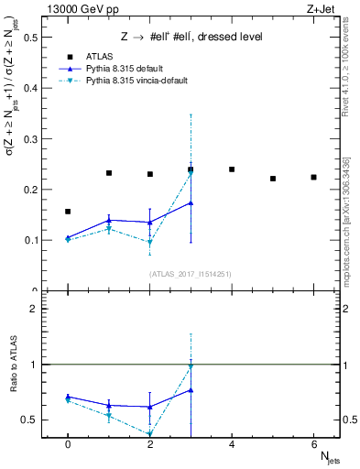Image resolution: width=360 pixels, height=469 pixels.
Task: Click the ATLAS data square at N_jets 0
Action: point(68,212)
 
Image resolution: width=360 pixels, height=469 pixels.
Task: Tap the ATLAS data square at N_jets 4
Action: point(232,169)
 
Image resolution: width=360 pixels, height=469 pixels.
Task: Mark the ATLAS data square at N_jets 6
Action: point(314,177)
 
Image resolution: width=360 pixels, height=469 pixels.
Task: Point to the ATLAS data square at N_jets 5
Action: point(273,179)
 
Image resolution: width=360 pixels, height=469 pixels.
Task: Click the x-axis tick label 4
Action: point(232,444)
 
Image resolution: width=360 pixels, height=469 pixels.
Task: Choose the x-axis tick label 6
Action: point(314,444)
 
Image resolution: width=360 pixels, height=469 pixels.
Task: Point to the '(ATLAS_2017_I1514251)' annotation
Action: point(191,274)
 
